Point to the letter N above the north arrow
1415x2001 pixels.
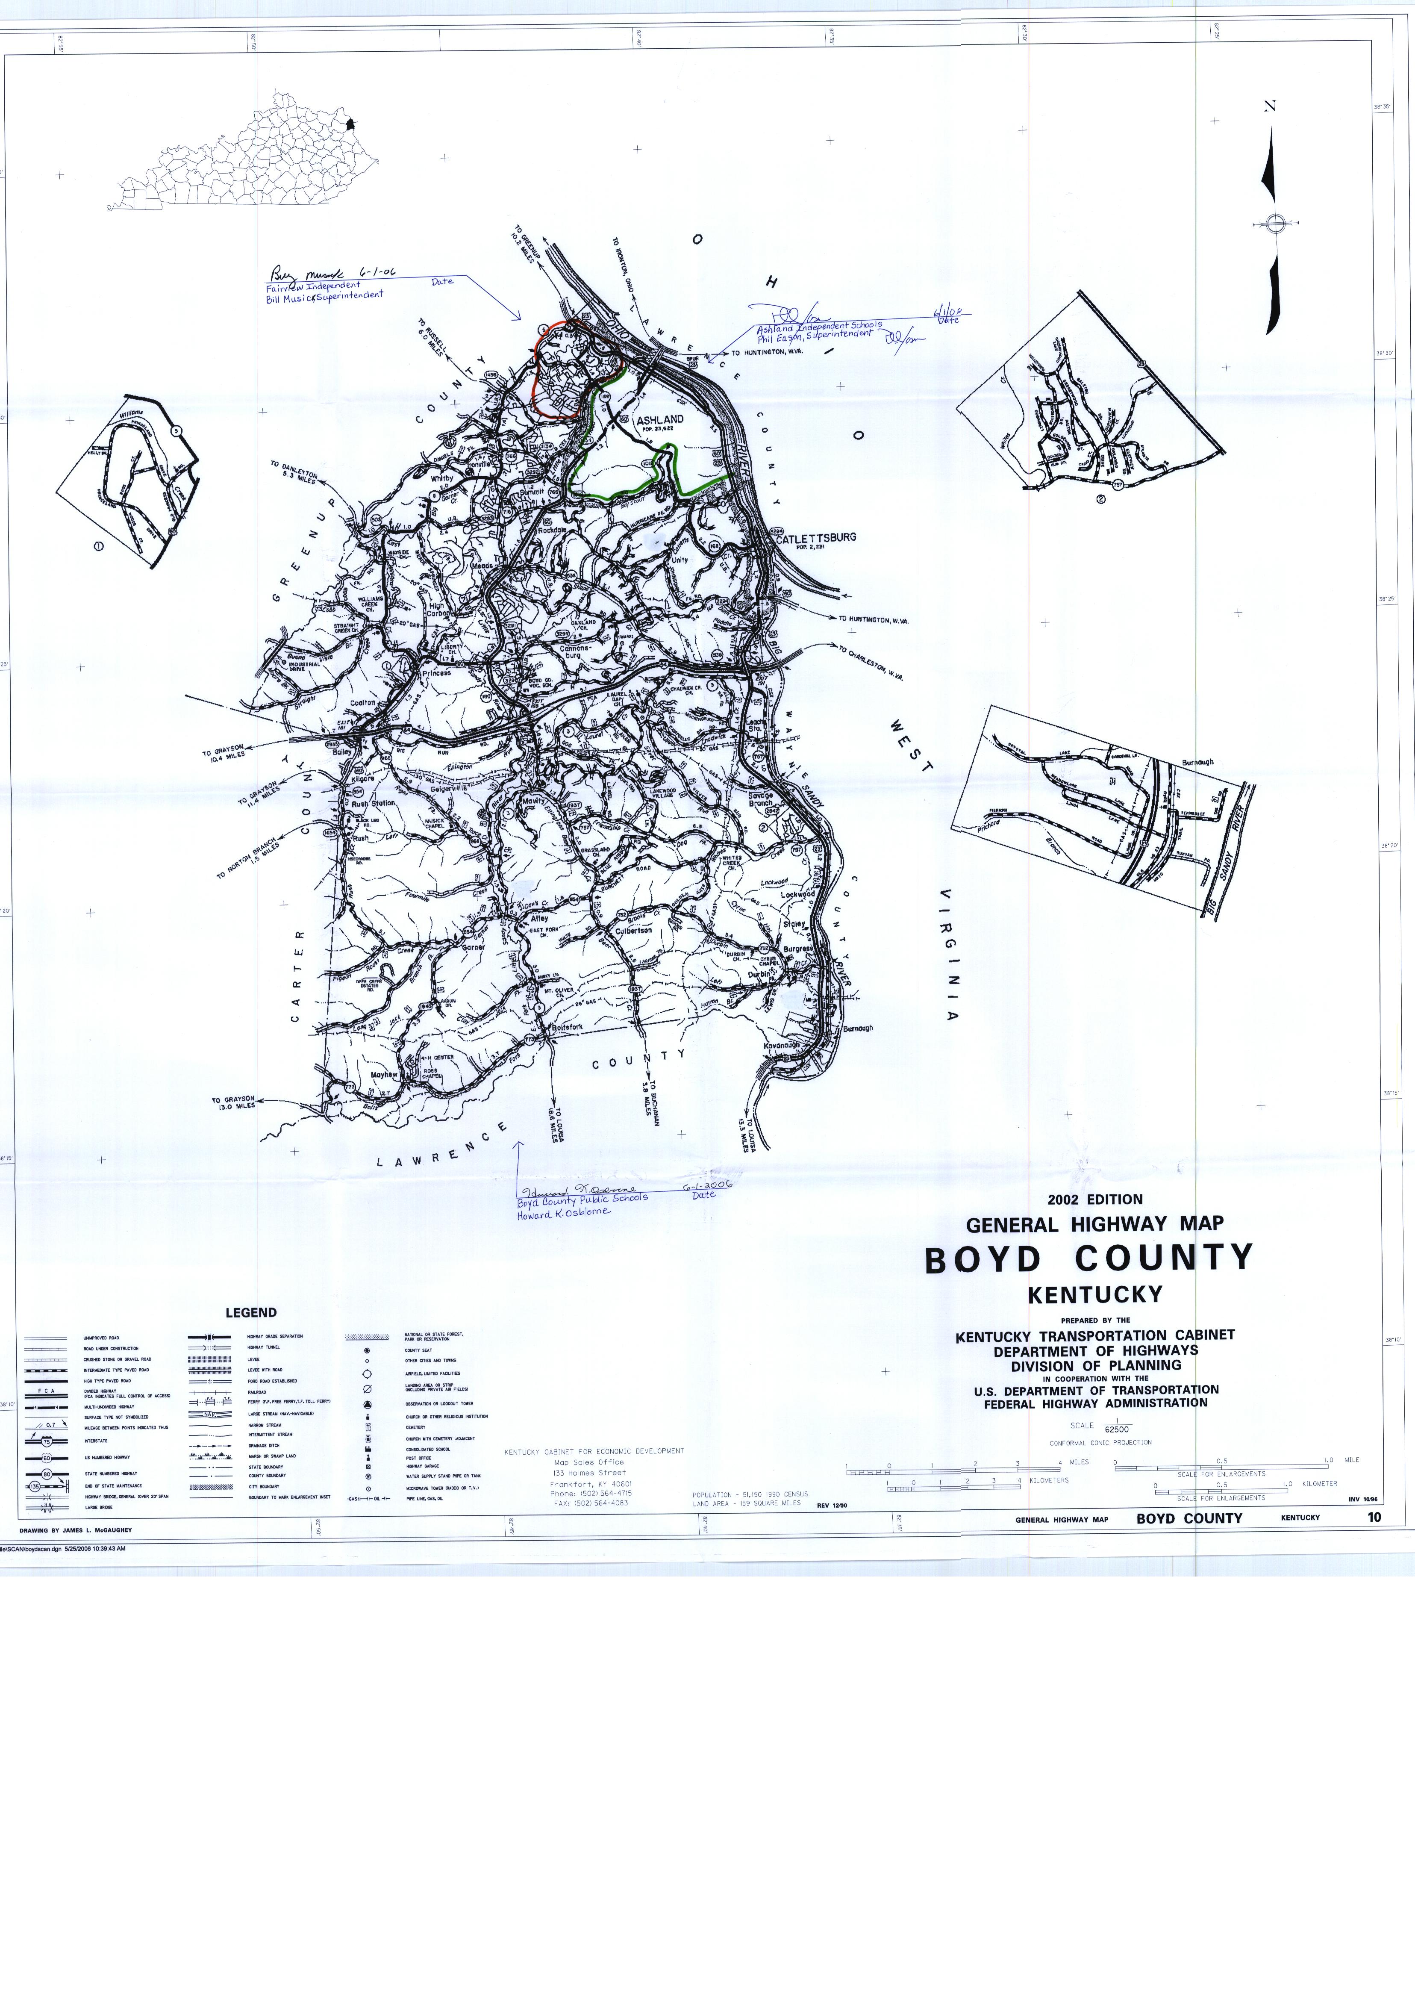(x=1270, y=106)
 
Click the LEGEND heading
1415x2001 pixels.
(x=251, y=1312)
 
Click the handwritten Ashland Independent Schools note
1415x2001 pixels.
(x=819, y=326)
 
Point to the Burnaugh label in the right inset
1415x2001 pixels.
(x=1197, y=763)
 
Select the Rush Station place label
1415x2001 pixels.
(x=373, y=804)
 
